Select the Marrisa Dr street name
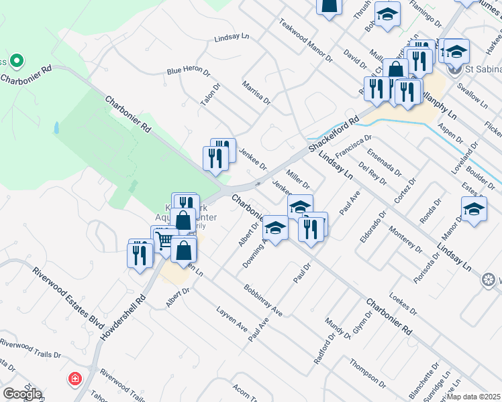click(x=256, y=93)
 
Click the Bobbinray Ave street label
click(x=263, y=301)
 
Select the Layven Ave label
click(x=232, y=319)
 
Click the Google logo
click(x=22, y=393)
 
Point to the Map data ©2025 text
click(x=473, y=397)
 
